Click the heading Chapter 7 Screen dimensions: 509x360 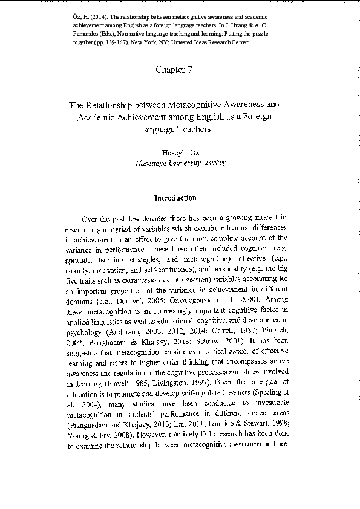174,70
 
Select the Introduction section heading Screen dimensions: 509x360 175,198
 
